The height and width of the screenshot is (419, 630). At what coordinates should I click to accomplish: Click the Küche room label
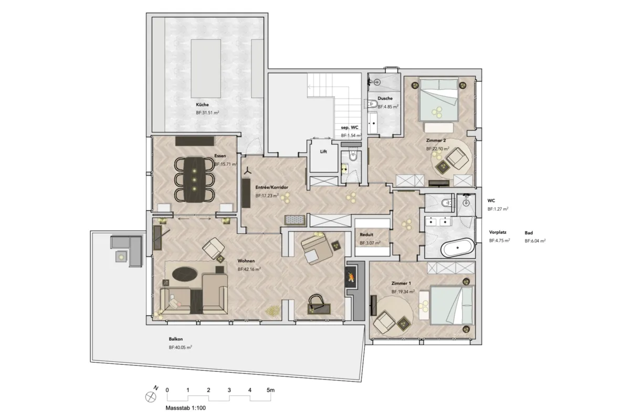202,104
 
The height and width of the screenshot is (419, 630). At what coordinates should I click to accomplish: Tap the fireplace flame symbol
351,277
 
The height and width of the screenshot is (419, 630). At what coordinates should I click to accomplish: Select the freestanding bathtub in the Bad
457,248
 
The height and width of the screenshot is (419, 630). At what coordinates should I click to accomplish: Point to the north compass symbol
151,397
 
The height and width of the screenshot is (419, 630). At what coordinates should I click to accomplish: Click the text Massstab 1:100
186,408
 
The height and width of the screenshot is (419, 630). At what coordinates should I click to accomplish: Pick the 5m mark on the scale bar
270,390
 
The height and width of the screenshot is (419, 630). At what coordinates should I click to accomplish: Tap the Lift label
323,152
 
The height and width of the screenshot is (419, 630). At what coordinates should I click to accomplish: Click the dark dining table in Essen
195,180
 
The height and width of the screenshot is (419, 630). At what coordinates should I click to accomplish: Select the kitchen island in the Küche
206,69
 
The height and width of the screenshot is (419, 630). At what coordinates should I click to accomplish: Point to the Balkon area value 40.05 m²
180,347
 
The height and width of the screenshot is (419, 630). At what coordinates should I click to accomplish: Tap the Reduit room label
366,235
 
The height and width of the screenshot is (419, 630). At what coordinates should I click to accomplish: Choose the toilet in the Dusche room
372,104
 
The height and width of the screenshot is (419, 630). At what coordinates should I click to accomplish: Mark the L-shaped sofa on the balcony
127,251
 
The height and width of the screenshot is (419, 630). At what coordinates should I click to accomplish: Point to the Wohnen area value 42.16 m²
249,269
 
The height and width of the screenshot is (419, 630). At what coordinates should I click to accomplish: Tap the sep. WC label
350,128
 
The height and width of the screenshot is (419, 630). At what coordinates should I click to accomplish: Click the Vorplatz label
498,232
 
